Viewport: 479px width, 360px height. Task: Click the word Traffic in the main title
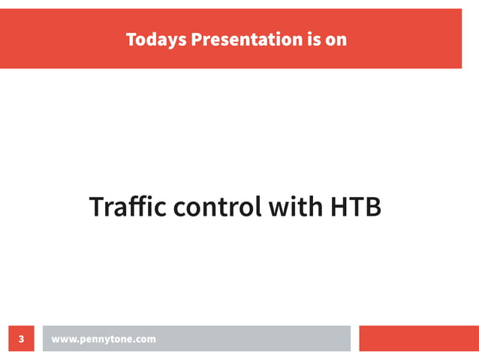[x=128, y=207]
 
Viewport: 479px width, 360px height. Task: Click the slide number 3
[x=21, y=339]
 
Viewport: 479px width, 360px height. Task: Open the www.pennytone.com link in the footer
[x=104, y=339]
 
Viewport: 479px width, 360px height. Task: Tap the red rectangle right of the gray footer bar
[x=419, y=338]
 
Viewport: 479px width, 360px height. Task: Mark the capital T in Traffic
[x=96, y=207]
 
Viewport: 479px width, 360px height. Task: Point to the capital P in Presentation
[x=197, y=39]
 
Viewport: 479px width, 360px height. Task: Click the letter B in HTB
[x=373, y=207]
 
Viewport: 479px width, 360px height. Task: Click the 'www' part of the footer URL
[x=63, y=340]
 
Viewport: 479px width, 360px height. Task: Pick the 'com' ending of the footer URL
[x=146, y=340]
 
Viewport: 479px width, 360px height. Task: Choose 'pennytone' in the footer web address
[x=105, y=340]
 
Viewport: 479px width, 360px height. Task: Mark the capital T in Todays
[x=131, y=39]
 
